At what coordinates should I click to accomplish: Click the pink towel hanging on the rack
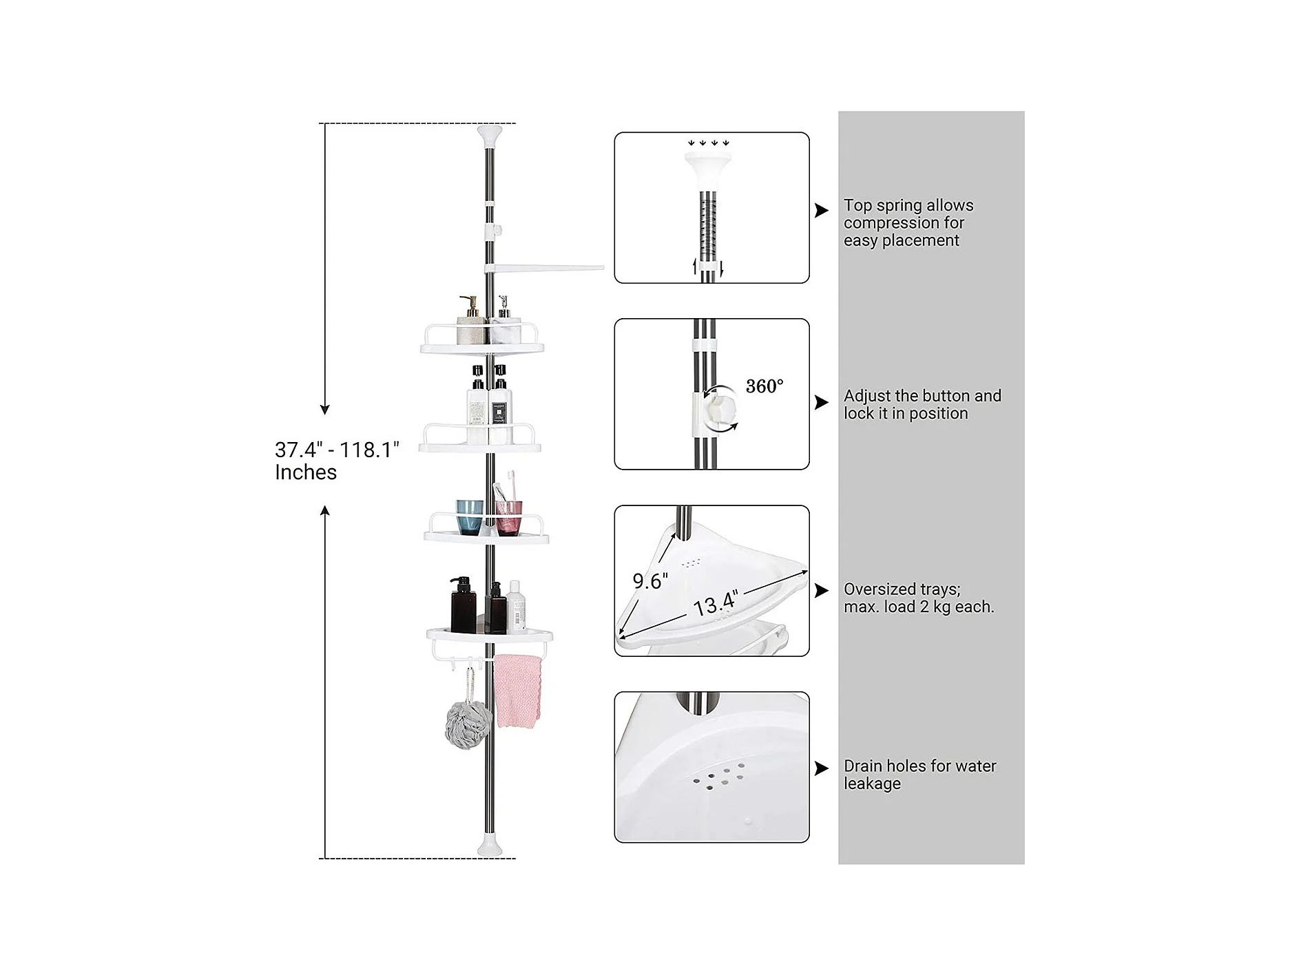point(518,691)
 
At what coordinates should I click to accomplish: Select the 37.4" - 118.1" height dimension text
point(337,461)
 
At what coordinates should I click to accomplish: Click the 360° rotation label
point(764,386)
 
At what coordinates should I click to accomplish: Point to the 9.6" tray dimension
point(650,581)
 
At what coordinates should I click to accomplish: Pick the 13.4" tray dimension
point(716,604)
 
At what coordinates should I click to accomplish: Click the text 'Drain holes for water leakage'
point(919,775)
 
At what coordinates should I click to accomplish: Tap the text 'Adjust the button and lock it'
point(922,404)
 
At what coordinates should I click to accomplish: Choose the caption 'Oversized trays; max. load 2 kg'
point(919,598)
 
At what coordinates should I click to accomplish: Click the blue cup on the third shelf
point(470,517)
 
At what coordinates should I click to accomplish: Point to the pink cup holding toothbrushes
point(508,517)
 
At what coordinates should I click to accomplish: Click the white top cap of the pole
point(495,136)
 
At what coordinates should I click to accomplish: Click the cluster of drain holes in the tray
point(718,778)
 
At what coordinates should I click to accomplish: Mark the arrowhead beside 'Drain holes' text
point(822,768)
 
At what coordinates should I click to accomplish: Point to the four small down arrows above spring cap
point(708,143)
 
